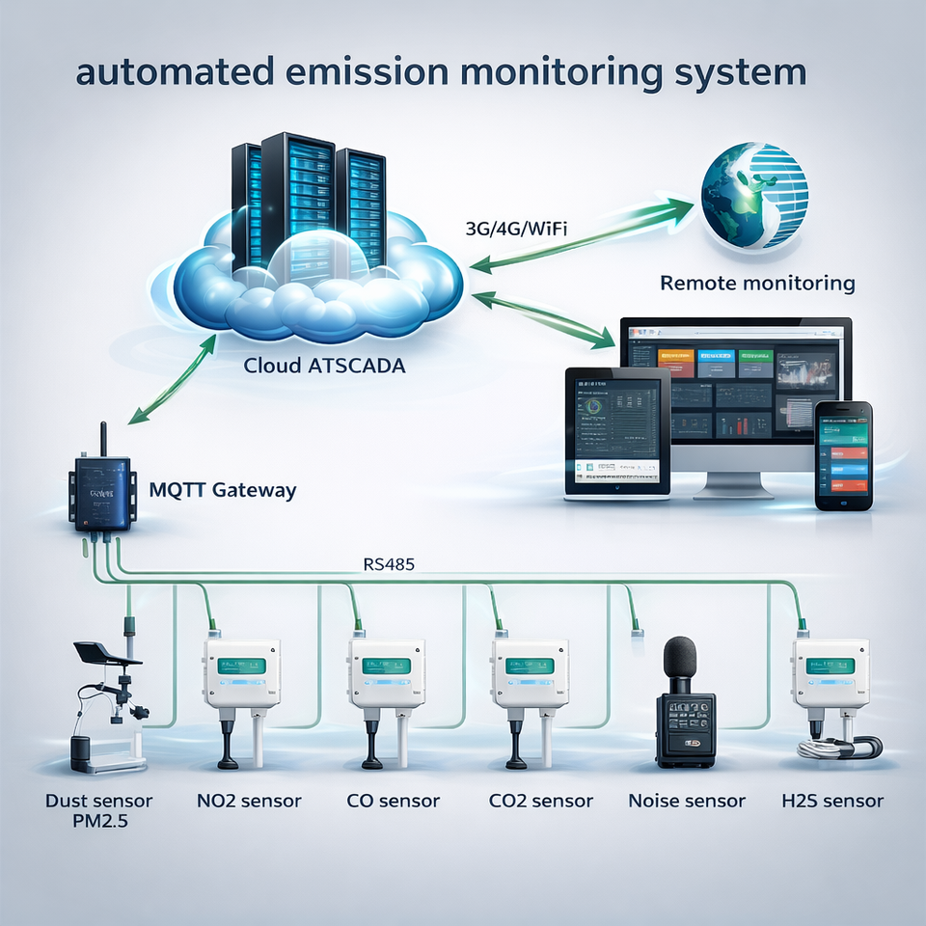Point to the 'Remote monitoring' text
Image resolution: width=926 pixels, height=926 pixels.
757,284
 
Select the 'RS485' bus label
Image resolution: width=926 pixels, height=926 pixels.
389,565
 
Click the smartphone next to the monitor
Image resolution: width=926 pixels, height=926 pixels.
843,455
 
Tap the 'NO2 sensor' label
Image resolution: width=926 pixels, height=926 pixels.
250,801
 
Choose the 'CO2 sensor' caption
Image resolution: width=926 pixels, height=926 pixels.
539,801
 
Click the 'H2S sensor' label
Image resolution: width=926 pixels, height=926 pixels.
832,801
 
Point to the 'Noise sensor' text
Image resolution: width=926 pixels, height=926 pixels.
687,801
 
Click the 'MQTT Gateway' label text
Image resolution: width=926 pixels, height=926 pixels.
223,490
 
